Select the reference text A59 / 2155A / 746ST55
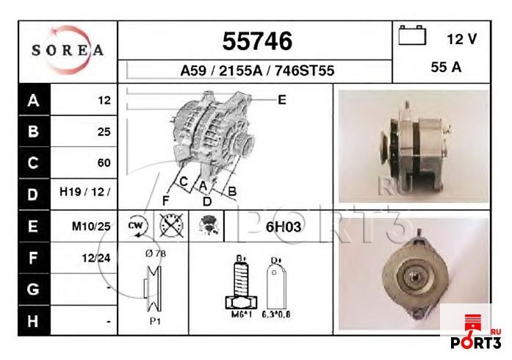coord(257,71)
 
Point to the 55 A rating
coord(446,67)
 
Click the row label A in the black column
coord(32,101)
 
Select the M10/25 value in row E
coord(90,226)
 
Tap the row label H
coord(32,320)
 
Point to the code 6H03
coord(282,226)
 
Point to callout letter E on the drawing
coord(281,100)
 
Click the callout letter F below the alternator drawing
coord(167,201)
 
